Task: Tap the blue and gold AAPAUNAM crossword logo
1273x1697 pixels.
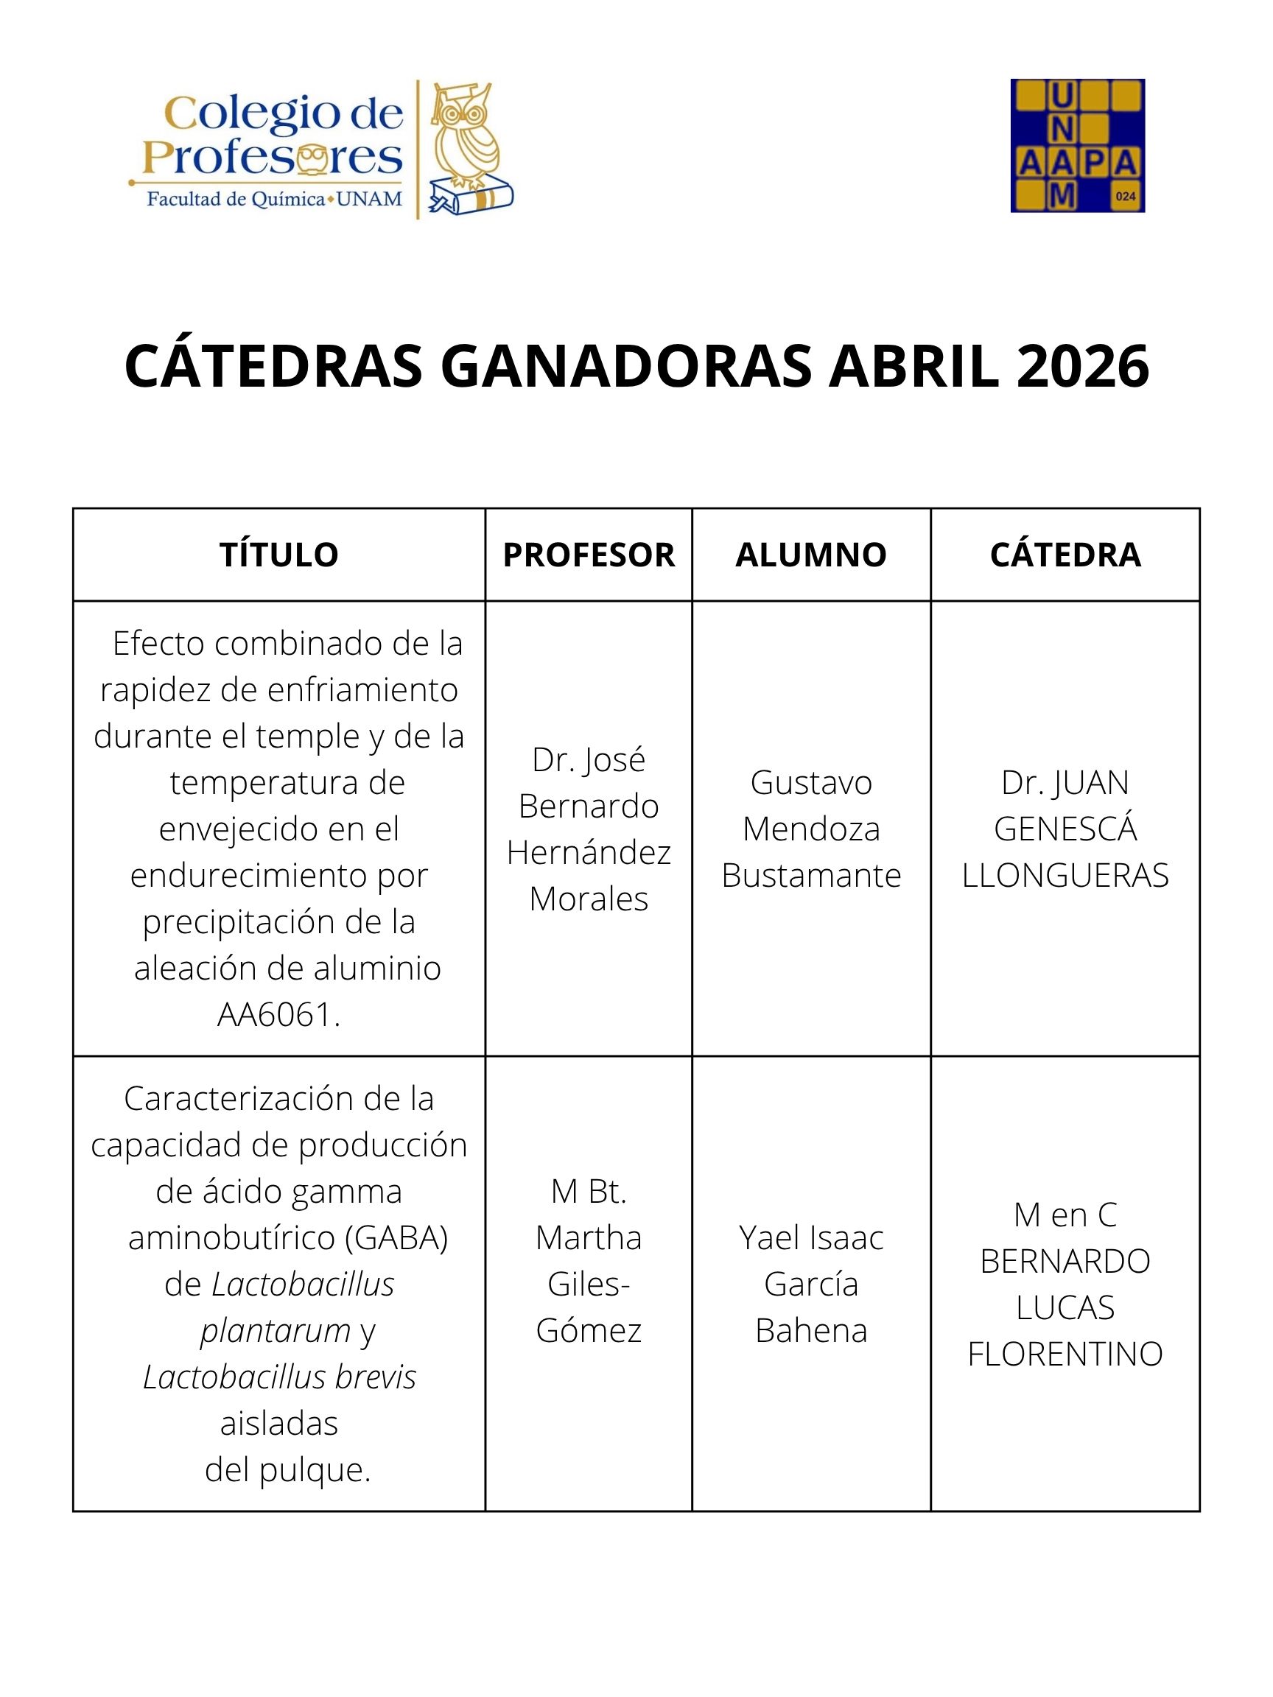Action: pyautogui.click(x=1076, y=145)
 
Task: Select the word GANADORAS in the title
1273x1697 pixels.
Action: pyautogui.click(x=625, y=366)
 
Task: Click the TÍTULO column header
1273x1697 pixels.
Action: pyautogui.click(x=278, y=555)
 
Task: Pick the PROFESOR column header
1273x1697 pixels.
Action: pyautogui.click(x=589, y=555)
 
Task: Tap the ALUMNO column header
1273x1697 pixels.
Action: pyautogui.click(x=811, y=555)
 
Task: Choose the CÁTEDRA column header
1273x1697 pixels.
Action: pyautogui.click(x=1065, y=555)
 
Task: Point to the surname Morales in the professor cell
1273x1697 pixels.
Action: pyautogui.click(x=589, y=899)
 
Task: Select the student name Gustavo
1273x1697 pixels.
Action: pyautogui.click(x=811, y=782)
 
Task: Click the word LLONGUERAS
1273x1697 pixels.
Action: pyautogui.click(x=1065, y=875)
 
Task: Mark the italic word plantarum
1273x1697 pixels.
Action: pyautogui.click(x=276, y=1330)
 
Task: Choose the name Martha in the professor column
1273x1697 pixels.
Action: pyautogui.click(x=589, y=1237)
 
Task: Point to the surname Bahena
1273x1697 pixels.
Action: pyautogui.click(x=811, y=1330)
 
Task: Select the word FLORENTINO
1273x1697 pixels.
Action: pyautogui.click(x=1065, y=1354)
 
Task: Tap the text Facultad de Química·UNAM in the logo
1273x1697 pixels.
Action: pyautogui.click(x=275, y=200)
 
